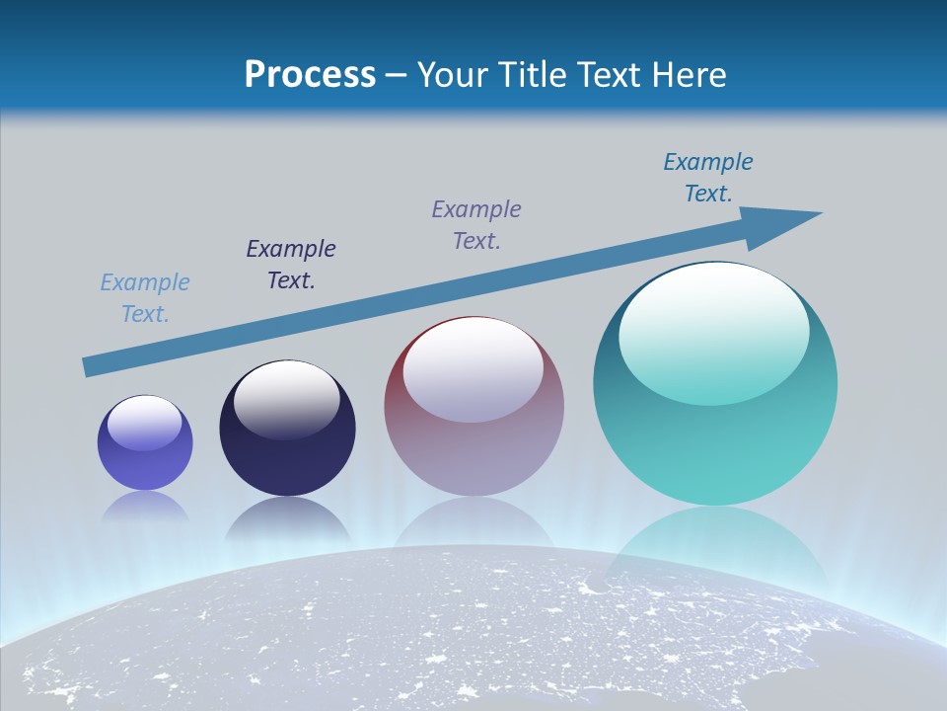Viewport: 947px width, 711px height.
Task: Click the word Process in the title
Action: pyautogui.click(x=310, y=75)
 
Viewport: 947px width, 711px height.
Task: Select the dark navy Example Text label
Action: pyautogui.click(x=291, y=265)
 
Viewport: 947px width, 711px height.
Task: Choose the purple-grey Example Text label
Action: pyautogui.click(x=476, y=225)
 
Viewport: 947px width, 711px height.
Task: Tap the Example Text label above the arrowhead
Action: pyautogui.click(x=708, y=178)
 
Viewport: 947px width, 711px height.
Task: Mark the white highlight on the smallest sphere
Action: pyautogui.click(x=145, y=423)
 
